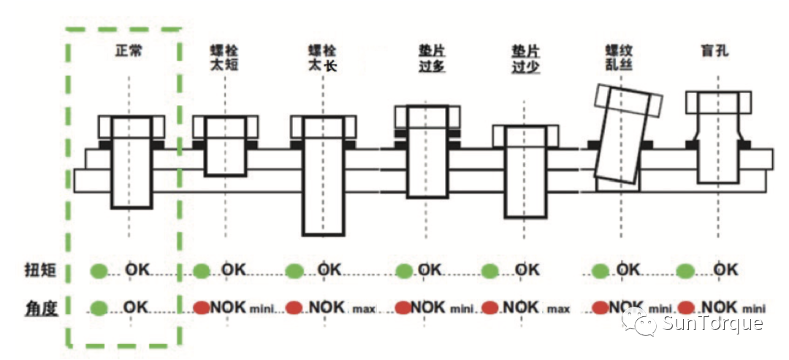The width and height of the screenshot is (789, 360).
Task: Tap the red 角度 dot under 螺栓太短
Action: coord(202,307)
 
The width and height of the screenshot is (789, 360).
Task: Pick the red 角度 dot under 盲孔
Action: coord(686,307)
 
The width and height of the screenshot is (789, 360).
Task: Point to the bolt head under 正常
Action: coord(131,127)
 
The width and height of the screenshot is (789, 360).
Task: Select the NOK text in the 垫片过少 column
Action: coord(522,307)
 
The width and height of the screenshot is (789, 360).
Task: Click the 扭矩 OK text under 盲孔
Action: coord(725,270)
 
